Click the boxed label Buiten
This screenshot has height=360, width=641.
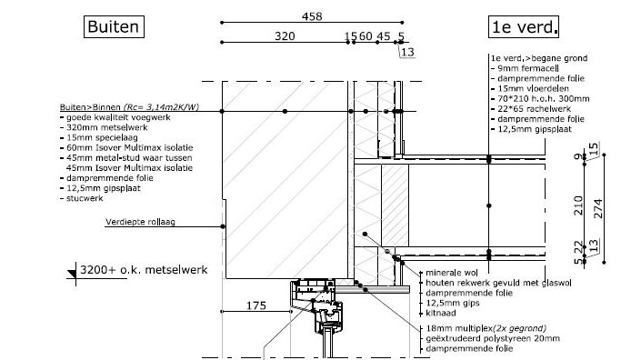pyautogui.click(x=114, y=27)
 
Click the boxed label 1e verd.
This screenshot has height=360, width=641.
pyautogui.click(x=524, y=27)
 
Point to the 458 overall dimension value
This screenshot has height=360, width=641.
pyautogui.click(x=312, y=16)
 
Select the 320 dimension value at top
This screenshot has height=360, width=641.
pyautogui.click(x=285, y=36)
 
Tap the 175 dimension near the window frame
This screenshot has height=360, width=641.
pyautogui.click(x=256, y=305)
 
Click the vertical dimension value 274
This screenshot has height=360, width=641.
pyautogui.click(x=597, y=208)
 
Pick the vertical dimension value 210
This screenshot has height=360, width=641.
pyautogui.click(x=578, y=205)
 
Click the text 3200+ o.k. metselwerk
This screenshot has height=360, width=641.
pyautogui.click(x=144, y=270)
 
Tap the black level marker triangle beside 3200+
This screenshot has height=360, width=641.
pyautogui.click(x=72, y=274)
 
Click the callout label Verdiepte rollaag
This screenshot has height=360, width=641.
pyautogui.click(x=140, y=222)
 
